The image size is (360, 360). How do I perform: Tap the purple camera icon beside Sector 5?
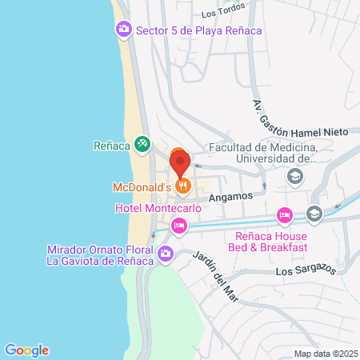124,30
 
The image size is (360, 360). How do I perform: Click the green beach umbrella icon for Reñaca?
142,145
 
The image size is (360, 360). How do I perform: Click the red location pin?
180,164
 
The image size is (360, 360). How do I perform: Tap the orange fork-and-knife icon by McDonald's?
184,186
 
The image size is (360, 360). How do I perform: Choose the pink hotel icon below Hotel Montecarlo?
179,227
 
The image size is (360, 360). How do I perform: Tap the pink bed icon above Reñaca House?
284,215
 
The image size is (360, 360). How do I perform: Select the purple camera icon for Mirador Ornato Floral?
166,255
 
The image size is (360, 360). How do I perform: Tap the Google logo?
27,350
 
